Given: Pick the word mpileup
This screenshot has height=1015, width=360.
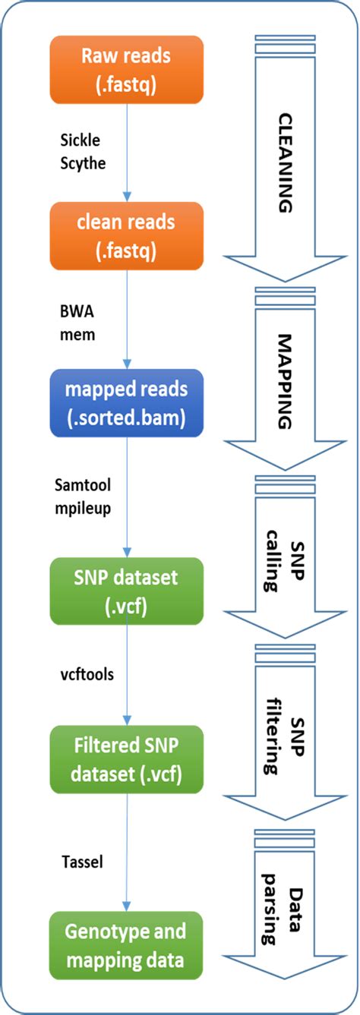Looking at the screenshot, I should click(84, 507).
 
